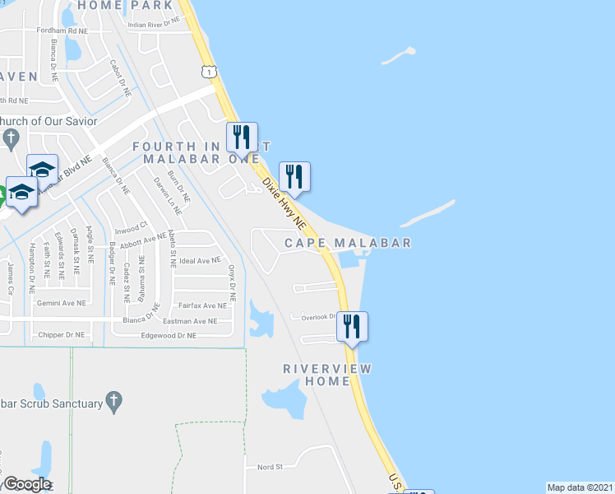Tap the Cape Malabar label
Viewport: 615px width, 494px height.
tap(348, 243)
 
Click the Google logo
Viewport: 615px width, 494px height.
tap(26, 484)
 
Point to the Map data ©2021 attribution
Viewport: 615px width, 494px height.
tap(580, 487)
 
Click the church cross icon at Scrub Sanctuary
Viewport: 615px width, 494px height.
tap(115, 403)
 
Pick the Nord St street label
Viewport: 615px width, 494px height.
tap(270, 466)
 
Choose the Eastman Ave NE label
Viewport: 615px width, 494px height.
tap(190, 321)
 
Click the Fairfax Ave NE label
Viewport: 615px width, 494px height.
tap(201, 305)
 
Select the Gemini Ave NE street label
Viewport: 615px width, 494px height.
tap(62, 303)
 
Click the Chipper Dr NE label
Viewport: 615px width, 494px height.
tap(62, 335)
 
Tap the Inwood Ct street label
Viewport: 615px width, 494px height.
tap(130, 224)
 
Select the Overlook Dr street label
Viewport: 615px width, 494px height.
tap(319, 316)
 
